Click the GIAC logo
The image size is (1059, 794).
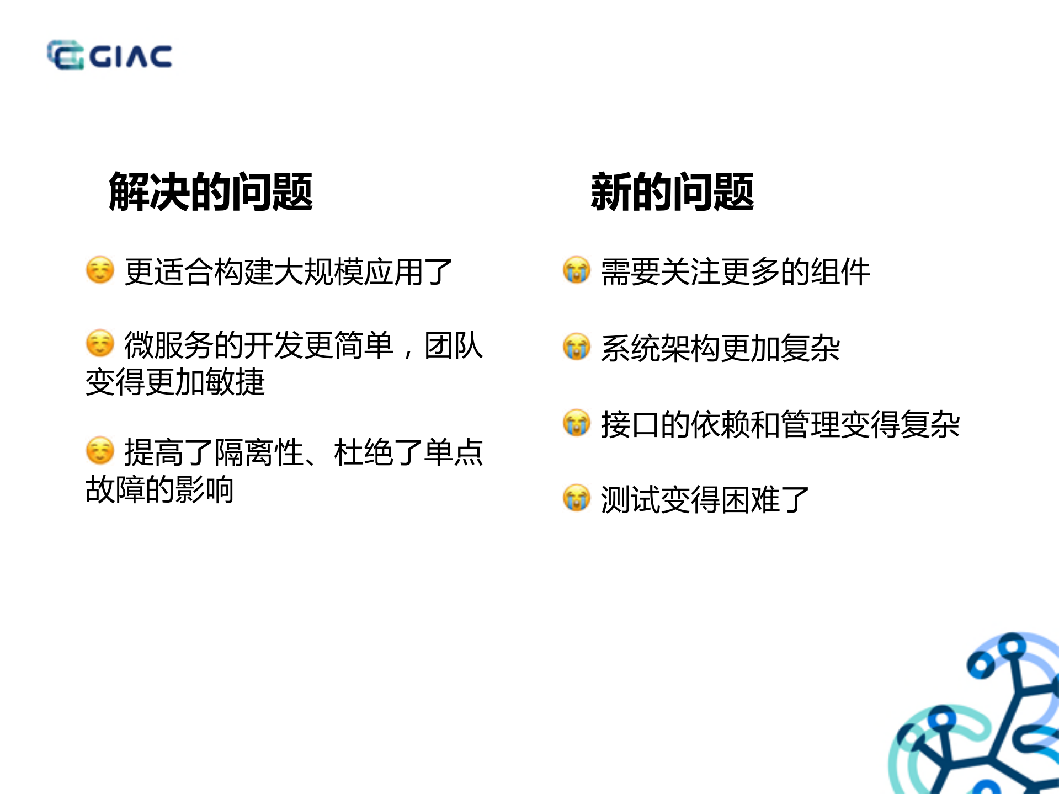(109, 55)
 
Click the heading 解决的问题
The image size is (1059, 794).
(211, 191)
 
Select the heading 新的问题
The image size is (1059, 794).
(672, 191)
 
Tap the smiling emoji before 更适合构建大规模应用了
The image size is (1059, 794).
(100, 270)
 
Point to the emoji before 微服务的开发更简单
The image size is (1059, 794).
(100, 344)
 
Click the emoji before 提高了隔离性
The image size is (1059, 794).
(100, 451)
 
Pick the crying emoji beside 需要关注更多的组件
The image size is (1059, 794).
(577, 270)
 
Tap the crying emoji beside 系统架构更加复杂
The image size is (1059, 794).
(577, 347)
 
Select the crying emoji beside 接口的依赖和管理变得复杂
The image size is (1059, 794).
(577, 423)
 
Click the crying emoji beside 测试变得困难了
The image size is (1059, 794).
(577, 498)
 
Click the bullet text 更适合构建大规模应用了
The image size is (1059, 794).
(288, 271)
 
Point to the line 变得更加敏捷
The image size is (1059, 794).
(175, 382)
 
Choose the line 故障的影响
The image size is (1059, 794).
(159, 489)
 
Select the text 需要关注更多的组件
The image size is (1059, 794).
(735, 271)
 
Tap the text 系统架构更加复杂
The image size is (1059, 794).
(720, 348)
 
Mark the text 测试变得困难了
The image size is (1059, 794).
(705, 500)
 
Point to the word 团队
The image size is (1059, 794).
(454, 345)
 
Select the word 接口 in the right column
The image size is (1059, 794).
(630, 424)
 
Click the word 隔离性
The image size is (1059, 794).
(259, 452)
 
